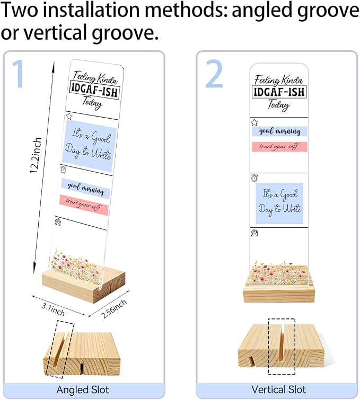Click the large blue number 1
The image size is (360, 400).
tap(19, 74)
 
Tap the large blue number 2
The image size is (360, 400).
tap(214, 74)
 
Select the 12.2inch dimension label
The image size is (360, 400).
tap(36, 155)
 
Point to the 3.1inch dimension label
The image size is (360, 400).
tap(53, 309)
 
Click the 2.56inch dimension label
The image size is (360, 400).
tap(113, 309)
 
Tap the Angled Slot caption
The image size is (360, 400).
tap(83, 389)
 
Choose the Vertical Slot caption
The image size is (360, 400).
tap(278, 389)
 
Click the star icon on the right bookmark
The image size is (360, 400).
tap(254, 122)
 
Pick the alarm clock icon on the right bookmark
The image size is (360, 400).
tap(254, 178)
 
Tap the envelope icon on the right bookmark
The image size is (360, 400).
tap(254, 233)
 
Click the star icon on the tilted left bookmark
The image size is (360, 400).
tap(69, 117)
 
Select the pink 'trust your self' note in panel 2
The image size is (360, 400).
tap(279, 147)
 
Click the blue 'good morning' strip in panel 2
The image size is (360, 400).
tap(279, 131)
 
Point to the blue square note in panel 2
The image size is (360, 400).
tap(279, 203)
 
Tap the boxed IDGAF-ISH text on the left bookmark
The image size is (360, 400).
tap(95, 90)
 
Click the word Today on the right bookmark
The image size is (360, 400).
tap(278, 105)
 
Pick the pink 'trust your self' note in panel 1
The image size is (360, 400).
tap(84, 205)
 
